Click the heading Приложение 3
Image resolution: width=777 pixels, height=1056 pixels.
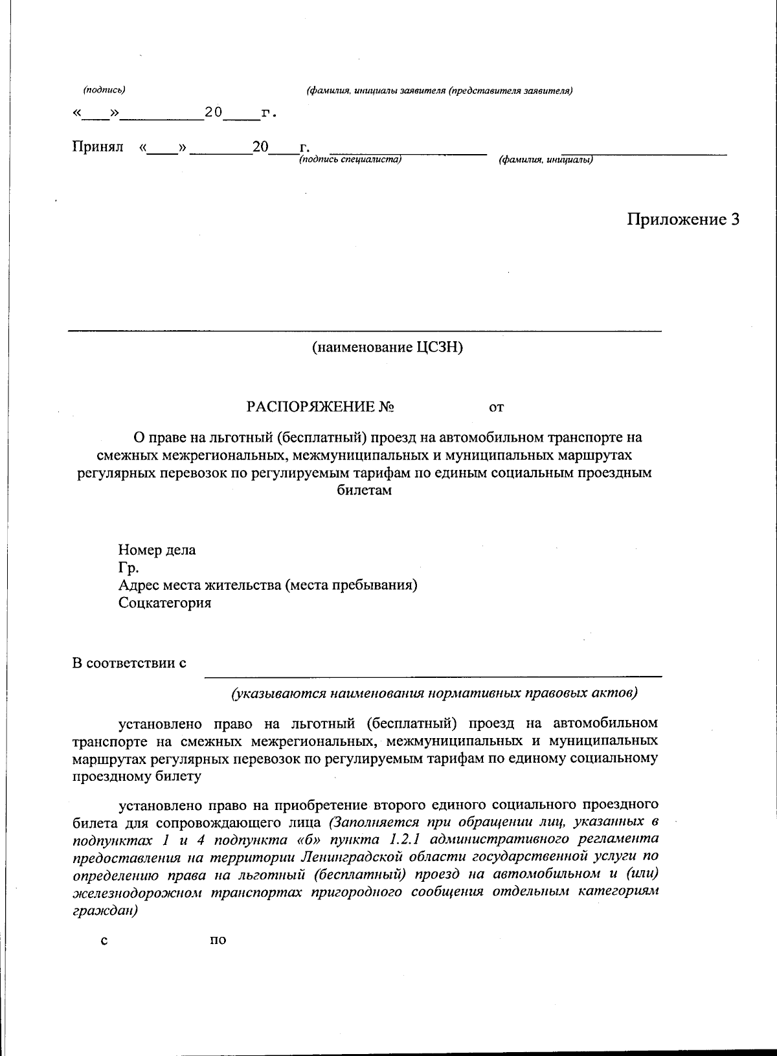(x=682, y=219)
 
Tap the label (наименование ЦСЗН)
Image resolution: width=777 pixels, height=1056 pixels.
(x=387, y=348)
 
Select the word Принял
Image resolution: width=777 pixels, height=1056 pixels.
(x=97, y=147)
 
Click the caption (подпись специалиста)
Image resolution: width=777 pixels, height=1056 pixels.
(x=350, y=159)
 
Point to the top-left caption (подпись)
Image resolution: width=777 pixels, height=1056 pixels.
(x=104, y=90)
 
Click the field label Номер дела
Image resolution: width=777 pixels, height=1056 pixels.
(x=157, y=550)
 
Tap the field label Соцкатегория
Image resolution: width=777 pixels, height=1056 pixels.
(x=164, y=603)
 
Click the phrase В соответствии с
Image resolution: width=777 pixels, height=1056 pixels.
(x=129, y=663)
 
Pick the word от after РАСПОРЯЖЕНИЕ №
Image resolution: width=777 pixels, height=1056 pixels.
(x=496, y=407)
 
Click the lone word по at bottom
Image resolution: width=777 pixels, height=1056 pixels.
(x=218, y=940)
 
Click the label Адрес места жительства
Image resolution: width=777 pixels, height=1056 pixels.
(x=267, y=585)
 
